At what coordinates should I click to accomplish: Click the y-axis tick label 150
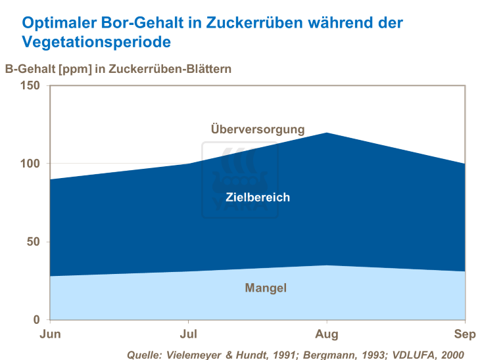pos(30,85)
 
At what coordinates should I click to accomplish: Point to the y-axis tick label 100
pos(30,164)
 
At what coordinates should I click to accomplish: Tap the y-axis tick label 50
pos(33,242)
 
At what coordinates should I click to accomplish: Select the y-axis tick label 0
pos(37,320)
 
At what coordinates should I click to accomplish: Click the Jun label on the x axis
pos(51,334)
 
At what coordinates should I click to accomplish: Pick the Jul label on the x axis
pos(189,334)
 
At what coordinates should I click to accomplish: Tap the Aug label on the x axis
pos(327,334)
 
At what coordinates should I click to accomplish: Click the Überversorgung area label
pos(258,129)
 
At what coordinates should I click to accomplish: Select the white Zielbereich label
pos(258,197)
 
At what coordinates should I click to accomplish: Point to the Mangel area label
pos(266,288)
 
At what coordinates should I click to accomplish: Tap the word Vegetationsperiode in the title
pos(97,42)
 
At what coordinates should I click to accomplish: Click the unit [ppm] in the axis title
pos(76,68)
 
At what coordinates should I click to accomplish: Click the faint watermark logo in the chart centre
pos(240,181)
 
